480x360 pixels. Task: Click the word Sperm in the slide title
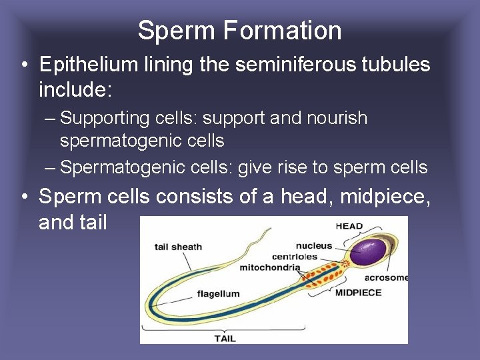click(177, 31)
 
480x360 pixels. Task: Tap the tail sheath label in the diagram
click(178, 247)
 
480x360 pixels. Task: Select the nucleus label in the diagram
click(314, 245)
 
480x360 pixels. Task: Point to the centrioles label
click(295, 257)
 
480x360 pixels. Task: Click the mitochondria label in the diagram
click(270, 268)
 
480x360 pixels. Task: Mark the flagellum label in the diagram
click(218, 293)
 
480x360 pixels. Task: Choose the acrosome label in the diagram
click(387, 277)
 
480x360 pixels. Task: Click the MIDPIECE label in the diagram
click(358, 292)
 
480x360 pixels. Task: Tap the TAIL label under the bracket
click(225, 338)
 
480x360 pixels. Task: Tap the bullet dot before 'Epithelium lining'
click(23, 65)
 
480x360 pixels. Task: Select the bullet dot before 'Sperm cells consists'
click(23, 197)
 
